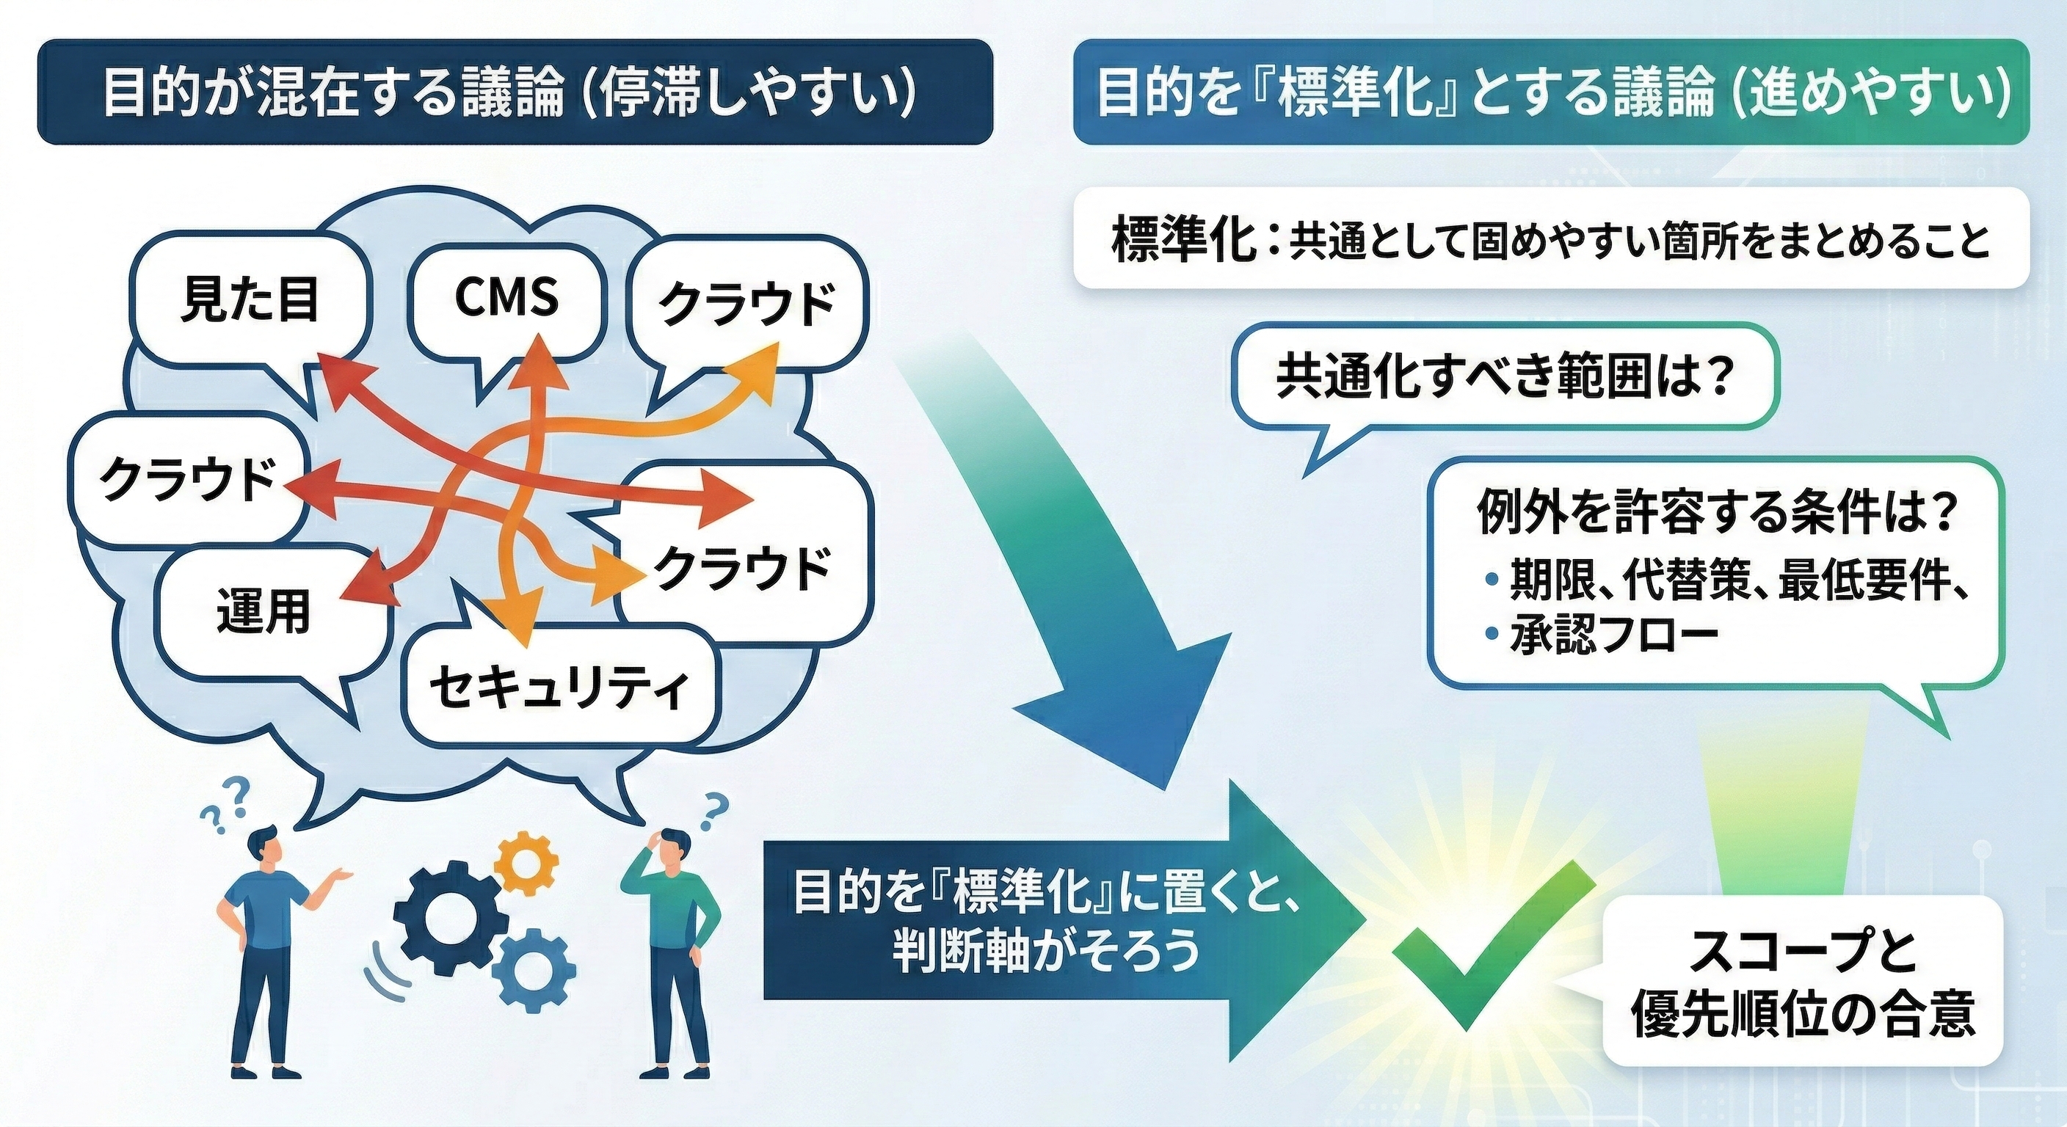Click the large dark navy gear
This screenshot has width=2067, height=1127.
tap(446, 919)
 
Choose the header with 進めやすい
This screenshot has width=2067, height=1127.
tap(1556, 92)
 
